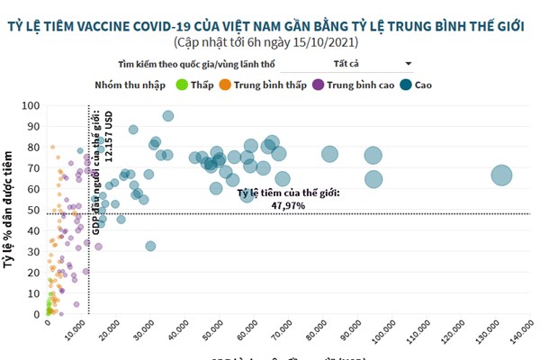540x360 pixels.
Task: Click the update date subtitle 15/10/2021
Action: coord(270,41)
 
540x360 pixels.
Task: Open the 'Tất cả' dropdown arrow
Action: coord(409,64)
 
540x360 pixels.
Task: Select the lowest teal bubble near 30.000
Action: coord(150,246)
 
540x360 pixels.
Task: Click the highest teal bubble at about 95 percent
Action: coord(168,115)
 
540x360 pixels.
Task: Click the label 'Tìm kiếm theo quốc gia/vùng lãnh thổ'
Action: coord(195,65)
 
